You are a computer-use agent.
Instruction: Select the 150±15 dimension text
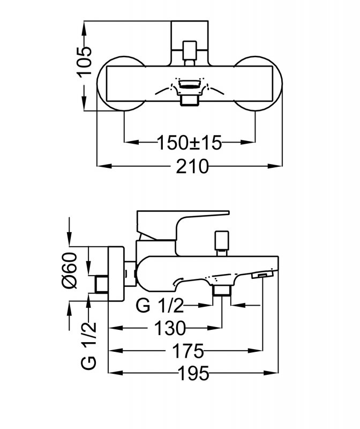190,143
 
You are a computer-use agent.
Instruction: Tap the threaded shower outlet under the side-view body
221,291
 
